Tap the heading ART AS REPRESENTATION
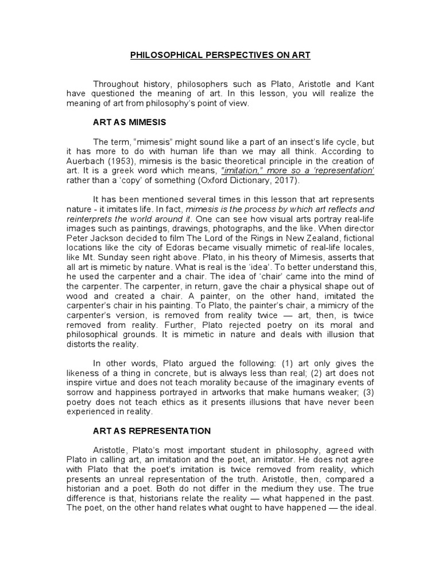152,431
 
